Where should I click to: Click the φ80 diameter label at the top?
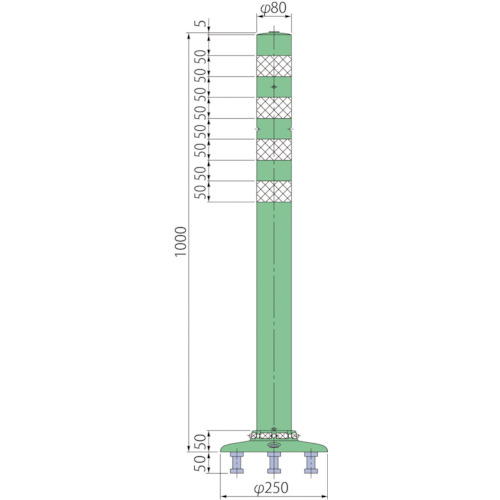click(x=273, y=9)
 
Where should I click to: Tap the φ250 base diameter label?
click(x=271, y=488)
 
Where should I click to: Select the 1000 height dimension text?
click(x=181, y=242)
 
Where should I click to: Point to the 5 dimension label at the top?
click(x=201, y=24)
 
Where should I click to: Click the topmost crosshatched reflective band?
click(x=274, y=66)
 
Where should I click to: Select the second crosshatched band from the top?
click(x=274, y=108)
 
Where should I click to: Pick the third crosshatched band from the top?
click(x=274, y=150)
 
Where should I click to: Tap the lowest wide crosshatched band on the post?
click(x=274, y=192)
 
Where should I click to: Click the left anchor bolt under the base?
click(x=237, y=463)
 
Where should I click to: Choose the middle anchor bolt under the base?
click(x=274, y=463)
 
